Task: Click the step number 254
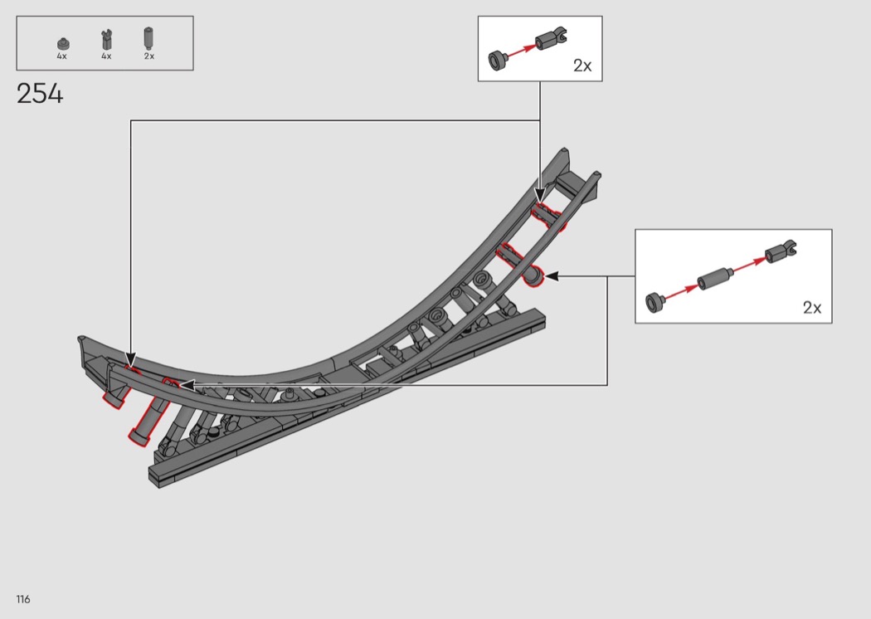point(40,94)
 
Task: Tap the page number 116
point(23,599)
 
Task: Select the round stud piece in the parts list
point(63,44)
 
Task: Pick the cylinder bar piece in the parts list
point(148,38)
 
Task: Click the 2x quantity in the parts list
point(148,56)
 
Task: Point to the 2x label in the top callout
point(582,66)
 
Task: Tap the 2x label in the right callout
point(811,307)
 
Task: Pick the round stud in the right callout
point(655,302)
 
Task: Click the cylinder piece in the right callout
point(714,278)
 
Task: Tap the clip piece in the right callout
point(781,252)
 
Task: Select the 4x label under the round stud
point(61,56)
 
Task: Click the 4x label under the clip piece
point(106,56)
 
